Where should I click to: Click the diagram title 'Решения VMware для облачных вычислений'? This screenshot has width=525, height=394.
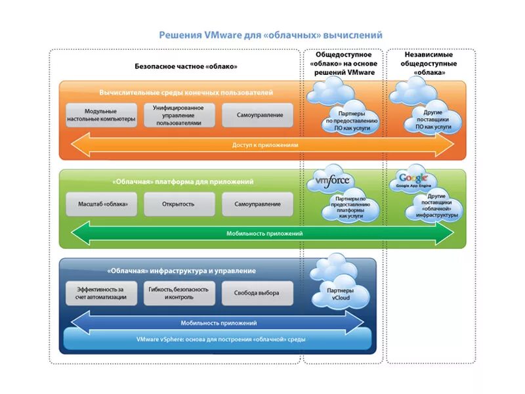click(x=270, y=35)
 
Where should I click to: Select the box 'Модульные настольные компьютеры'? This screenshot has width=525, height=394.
click(x=101, y=116)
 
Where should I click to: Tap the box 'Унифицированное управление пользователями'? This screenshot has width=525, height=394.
click(x=179, y=115)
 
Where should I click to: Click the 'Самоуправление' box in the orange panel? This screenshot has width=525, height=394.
click(x=261, y=116)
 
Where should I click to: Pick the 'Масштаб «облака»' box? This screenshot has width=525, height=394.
click(x=101, y=204)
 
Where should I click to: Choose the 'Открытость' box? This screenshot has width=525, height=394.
click(x=178, y=204)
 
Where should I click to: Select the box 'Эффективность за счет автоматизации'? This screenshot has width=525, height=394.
click(x=101, y=293)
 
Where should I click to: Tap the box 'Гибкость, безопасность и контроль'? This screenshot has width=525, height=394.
click(x=178, y=293)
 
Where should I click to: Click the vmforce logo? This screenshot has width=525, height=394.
click(x=333, y=181)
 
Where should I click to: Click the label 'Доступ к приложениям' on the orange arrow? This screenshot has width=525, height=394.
click(x=265, y=144)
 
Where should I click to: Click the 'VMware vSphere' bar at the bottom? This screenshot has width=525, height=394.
click(x=220, y=339)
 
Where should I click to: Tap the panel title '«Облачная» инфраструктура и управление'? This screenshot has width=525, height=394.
click(x=180, y=271)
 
